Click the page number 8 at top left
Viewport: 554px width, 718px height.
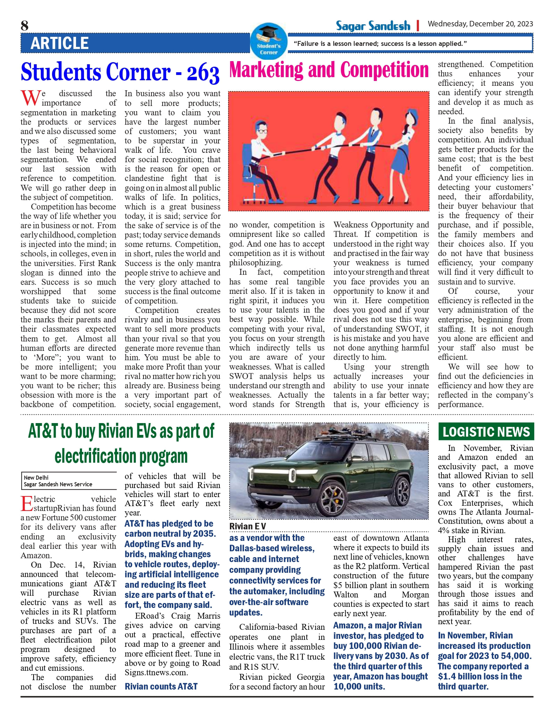point(25,26)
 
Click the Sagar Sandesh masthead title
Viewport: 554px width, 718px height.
point(373,25)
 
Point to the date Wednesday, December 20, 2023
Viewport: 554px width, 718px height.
point(480,24)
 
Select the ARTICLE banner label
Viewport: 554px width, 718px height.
point(59,43)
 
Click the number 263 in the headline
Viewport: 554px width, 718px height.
point(203,73)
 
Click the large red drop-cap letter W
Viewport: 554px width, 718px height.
point(30,98)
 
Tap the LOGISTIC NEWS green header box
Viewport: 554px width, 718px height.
point(486,431)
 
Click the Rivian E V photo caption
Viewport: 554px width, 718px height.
point(247,526)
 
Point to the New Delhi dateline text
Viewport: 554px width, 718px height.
point(36,477)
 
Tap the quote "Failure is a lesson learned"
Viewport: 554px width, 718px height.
point(380,44)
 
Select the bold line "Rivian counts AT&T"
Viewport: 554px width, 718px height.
point(161,686)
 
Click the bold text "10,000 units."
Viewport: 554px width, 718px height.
point(359,686)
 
